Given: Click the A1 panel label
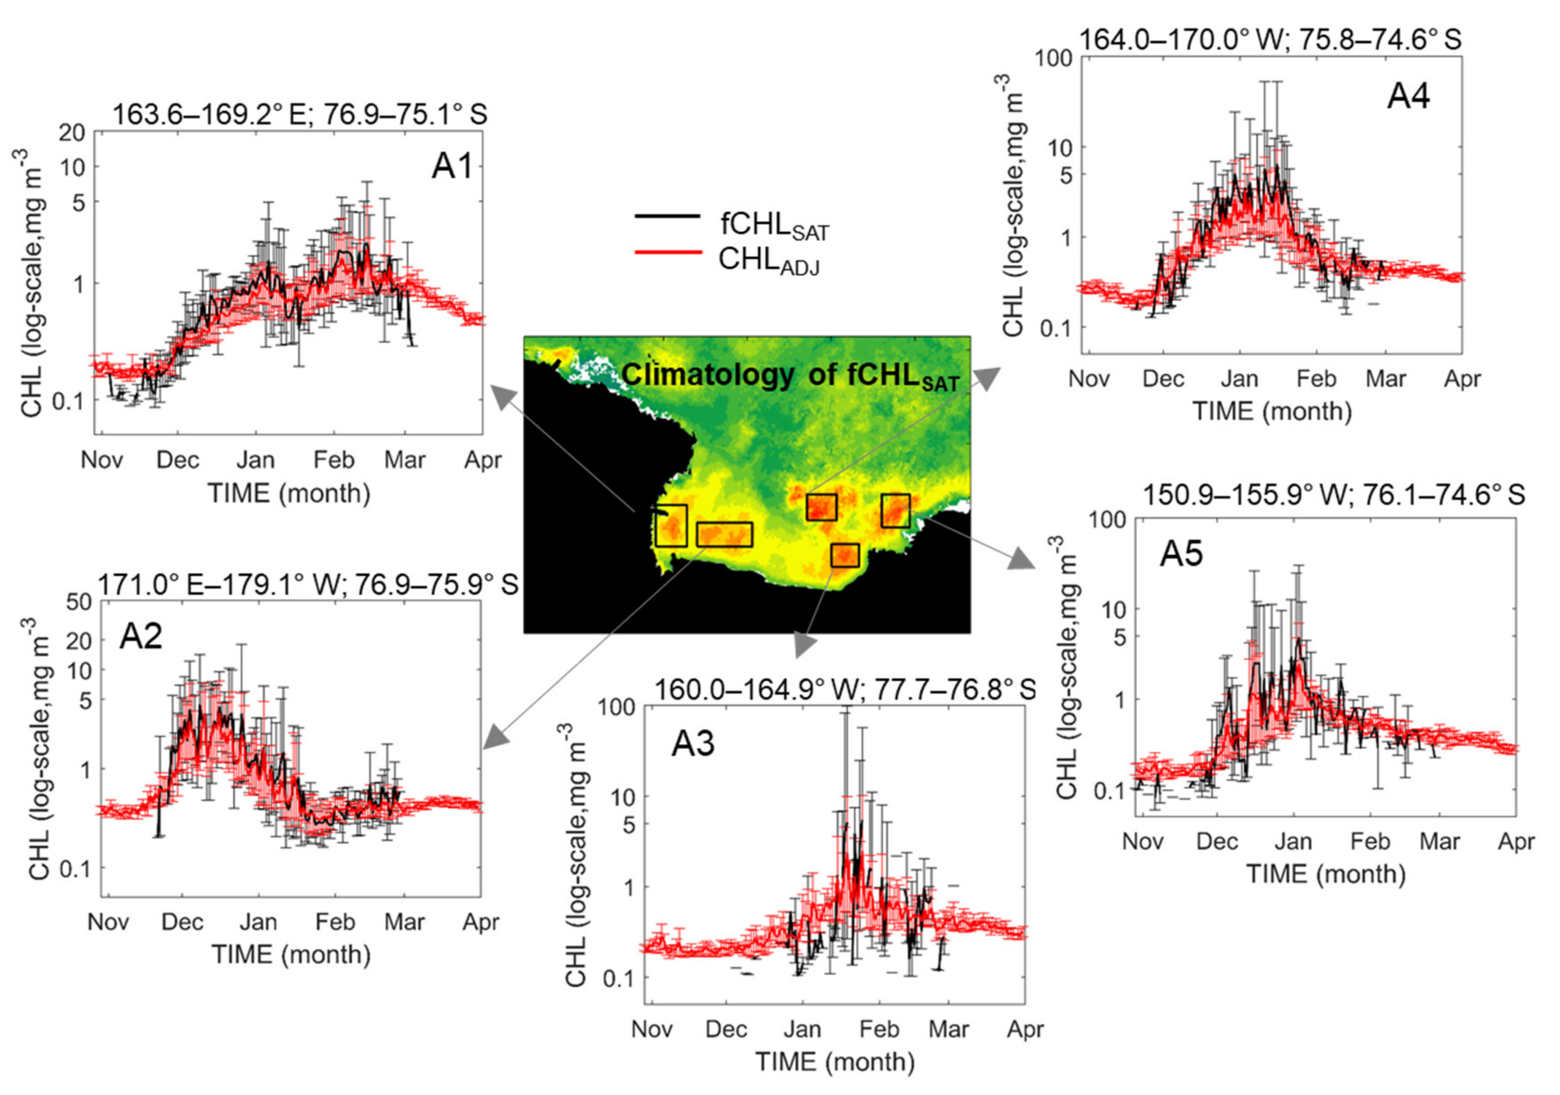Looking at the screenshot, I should point(451,166).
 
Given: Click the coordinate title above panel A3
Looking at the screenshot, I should point(845,690).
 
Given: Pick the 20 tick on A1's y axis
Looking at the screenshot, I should point(72,133).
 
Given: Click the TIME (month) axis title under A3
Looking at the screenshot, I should point(836,1061).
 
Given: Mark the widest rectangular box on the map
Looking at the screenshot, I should point(724,535).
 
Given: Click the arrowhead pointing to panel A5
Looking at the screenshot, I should point(1019,558).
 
